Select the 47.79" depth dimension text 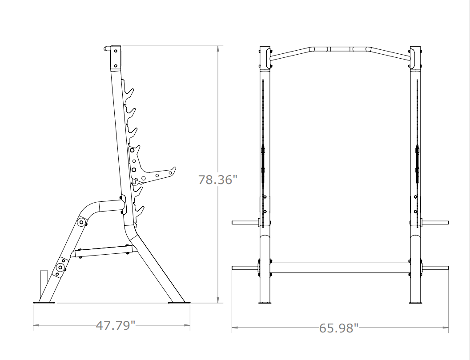(116, 326)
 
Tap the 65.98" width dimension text (338, 328)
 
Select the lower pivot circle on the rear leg (60, 267)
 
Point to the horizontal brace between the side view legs (101, 252)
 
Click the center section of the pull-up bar (340, 48)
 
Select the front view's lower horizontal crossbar (340, 267)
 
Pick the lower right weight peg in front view (435, 267)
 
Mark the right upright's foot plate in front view (416, 303)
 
